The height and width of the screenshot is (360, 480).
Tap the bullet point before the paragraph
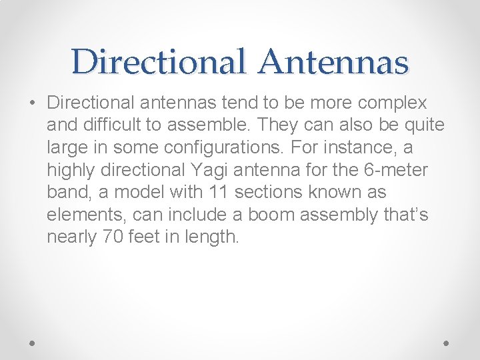tap(33, 104)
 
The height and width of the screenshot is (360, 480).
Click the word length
tap(214, 237)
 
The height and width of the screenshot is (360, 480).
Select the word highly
tap(69, 170)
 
